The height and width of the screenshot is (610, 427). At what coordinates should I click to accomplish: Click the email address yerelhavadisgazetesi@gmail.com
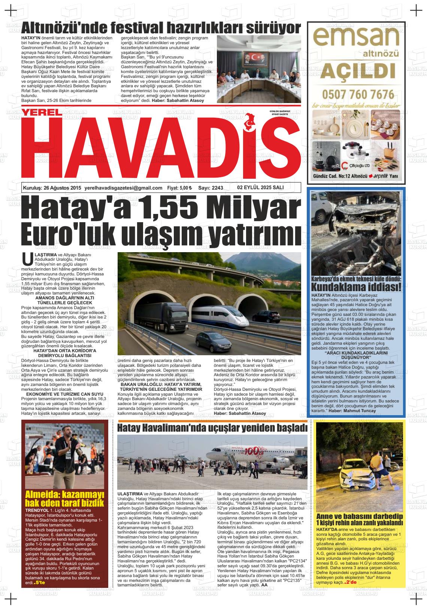tap(124, 188)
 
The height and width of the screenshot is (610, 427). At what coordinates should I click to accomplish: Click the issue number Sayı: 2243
tap(211, 188)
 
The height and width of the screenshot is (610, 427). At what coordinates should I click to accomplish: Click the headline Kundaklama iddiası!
tap(356, 288)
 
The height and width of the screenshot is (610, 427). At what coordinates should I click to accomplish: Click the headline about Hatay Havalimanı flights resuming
tap(212, 428)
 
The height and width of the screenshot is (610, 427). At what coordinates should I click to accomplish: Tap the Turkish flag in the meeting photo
tap(257, 57)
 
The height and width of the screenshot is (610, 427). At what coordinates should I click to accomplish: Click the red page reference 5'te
tap(40, 583)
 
